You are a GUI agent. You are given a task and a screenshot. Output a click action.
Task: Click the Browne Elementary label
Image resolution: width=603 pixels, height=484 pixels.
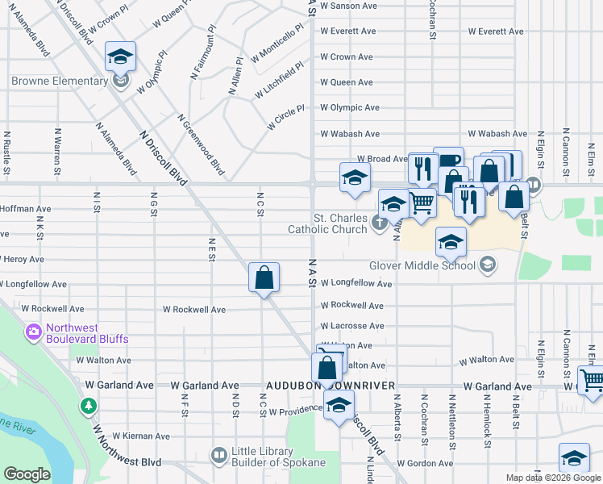tap(60, 81)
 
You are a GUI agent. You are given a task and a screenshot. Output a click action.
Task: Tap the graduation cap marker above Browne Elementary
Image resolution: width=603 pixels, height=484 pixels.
tap(120, 56)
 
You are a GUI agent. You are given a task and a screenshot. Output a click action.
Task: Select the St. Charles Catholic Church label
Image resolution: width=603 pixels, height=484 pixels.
tap(339, 223)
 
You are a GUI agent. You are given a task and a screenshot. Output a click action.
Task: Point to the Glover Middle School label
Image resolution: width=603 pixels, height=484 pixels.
tap(423, 265)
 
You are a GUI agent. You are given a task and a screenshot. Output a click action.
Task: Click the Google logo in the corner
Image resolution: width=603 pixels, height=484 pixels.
tap(27, 474)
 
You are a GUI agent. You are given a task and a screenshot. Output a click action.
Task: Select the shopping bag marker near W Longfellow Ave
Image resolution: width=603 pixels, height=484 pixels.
tap(264, 278)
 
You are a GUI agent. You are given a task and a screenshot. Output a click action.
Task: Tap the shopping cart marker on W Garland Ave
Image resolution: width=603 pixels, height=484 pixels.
tap(592, 378)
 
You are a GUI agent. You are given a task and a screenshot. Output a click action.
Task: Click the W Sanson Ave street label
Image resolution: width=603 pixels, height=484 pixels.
tap(348, 6)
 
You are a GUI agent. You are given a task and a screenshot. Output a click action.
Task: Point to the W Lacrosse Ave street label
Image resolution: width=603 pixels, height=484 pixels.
tap(351, 326)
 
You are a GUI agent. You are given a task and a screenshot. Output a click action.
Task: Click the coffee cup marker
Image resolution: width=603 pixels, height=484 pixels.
tap(448, 161)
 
